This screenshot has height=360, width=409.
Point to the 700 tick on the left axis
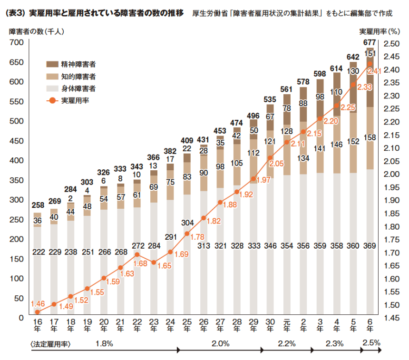click(17, 43)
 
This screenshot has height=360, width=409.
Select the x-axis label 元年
click(286, 328)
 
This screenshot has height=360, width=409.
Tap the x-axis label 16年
click(37, 328)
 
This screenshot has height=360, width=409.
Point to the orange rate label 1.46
click(38, 303)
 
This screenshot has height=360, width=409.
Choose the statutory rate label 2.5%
click(370, 342)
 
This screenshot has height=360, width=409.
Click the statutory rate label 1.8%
click(104, 343)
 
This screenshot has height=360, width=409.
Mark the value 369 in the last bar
click(370, 246)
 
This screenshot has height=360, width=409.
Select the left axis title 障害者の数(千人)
click(37, 32)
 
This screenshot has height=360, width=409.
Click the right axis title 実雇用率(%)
click(379, 32)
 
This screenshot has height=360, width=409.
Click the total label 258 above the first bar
click(38, 205)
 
